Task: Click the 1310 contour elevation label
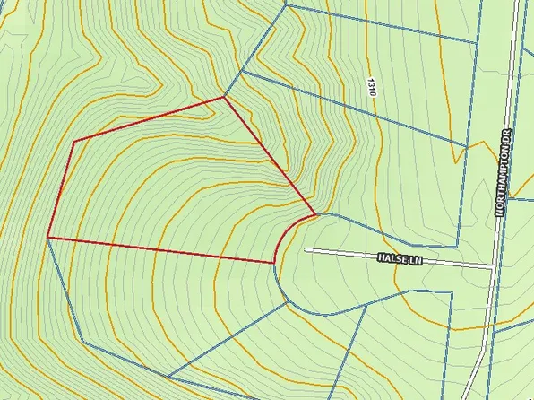click(x=371, y=88)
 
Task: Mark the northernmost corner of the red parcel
click(x=224, y=97)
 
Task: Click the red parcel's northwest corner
click(x=73, y=141)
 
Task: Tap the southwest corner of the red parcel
click(x=47, y=238)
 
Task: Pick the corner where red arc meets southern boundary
click(x=272, y=263)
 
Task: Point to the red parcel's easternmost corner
click(x=315, y=214)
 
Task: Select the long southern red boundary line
click(x=161, y=250)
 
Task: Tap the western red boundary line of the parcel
click(x=59, y=189)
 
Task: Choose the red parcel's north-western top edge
click(x=148, y=119)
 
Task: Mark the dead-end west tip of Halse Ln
click(x=306, y=250)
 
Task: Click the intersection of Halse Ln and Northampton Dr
click(x=494, y=266)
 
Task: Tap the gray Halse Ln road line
click(x=358, y=254)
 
